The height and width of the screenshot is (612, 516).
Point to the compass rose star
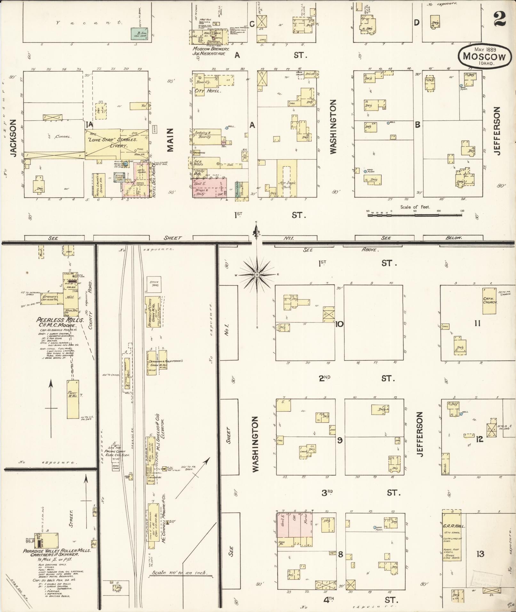coord(257,275)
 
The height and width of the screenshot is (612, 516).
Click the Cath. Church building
coord(490,300)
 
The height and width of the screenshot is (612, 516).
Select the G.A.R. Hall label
coord(451,526)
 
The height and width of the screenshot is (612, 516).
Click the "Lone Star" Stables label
coord(113,140)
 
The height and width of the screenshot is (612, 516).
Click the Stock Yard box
coord(155,284)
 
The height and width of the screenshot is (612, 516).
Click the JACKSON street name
coord(13,138)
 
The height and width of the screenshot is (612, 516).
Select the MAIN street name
coord(170,140)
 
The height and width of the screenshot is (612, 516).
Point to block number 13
coord(480,554)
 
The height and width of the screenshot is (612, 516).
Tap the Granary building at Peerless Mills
coord(51,297)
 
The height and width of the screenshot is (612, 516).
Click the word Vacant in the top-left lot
coord(89,23)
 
